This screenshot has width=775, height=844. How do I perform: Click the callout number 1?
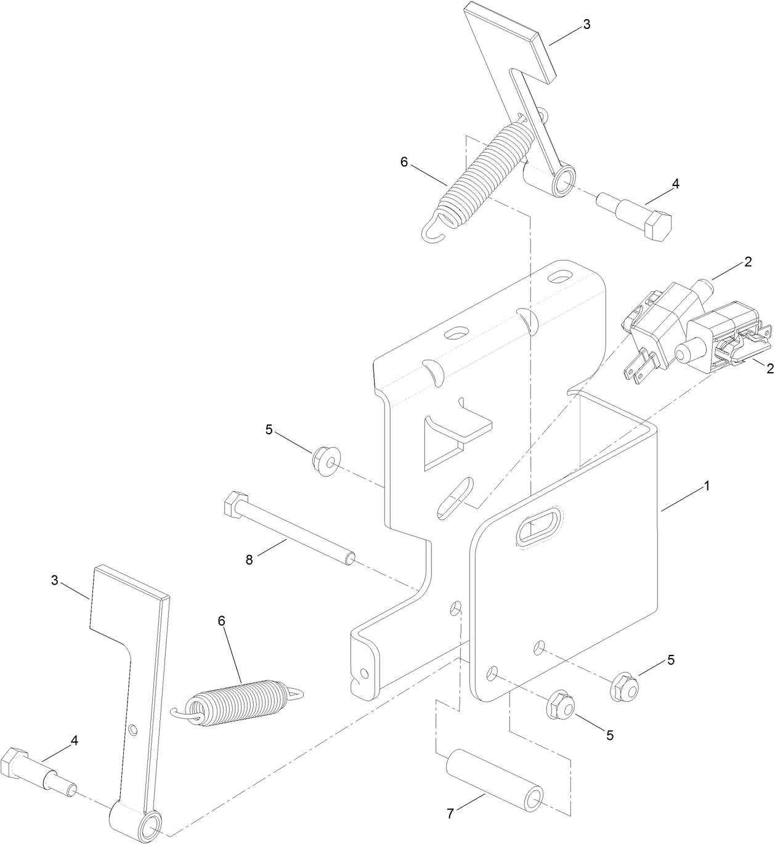pos(707,486)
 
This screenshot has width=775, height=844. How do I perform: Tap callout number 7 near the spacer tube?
pos(450,814)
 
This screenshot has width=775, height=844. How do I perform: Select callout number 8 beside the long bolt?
pos(249,560)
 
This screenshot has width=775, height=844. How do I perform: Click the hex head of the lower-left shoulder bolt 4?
pos(15,763)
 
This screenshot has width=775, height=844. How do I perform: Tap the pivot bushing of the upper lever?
pos(562,184)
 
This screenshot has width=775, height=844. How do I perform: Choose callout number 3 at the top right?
pos(586,25)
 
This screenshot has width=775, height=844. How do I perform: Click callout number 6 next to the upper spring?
pos(404,162)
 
